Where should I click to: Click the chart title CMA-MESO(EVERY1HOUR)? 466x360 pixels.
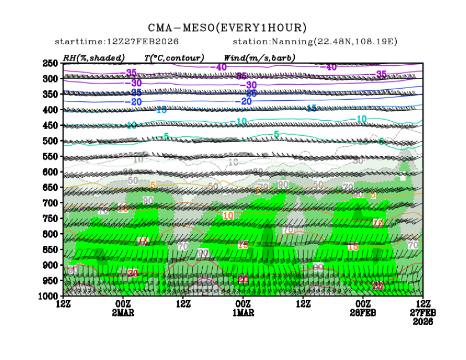[x=227, y=28]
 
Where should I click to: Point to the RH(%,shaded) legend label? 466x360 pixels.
[x=94, y=58]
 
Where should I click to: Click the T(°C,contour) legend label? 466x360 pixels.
[x=174, y=58]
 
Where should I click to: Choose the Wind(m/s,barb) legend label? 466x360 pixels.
[x=259, y=58]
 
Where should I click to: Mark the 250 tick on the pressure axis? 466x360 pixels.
[x=50, y=63]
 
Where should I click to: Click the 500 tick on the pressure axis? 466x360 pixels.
[x=50, y=141]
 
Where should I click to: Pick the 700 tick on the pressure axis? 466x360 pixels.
[x=50, y=203]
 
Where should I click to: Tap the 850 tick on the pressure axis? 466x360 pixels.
[x=50, y=250]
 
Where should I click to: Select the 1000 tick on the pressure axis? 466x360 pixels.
[x=49, y=296]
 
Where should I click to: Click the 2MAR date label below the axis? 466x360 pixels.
[x=123, y=312]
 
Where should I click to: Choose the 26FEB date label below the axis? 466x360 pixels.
[x=363, y=312]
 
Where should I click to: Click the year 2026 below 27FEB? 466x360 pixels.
[x=423, y=321]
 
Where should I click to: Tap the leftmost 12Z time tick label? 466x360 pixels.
[x=63, y=304]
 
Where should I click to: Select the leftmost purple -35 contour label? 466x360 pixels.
[x=131, y=73]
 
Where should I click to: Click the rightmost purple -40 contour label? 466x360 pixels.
[x=330, y=67]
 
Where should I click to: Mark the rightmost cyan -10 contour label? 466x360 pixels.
[x=361, y=119]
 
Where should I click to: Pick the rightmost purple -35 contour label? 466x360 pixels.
[x=381, y=74]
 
